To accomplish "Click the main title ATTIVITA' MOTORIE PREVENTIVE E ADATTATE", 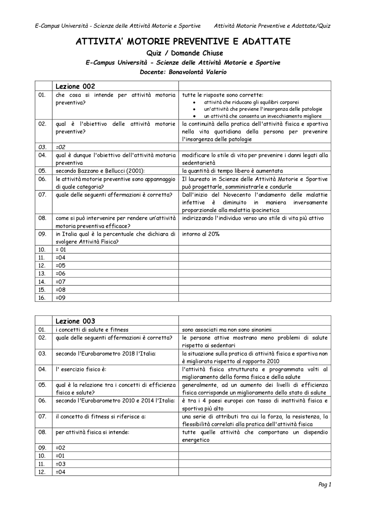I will (x=183, y=42).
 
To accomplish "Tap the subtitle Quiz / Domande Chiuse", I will (x=184, y=53).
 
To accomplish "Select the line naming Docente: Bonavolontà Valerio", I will (x=183, y=72).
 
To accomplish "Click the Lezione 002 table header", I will (x=75, y=86).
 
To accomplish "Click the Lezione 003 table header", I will (x=75, y=321).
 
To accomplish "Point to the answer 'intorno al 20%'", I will (x=201, y=234).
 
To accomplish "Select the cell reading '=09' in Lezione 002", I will (x=61, y=298).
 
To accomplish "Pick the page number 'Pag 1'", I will (x=325, y=484).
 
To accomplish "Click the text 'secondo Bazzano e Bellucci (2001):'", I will (x=100, y=171).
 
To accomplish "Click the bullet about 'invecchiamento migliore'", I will (x=262, y=116).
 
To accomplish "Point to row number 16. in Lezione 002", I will (x=42, y=298).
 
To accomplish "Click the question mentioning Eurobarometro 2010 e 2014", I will (x=115, y=400).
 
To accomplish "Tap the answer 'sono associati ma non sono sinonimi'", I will (x=227, y=330).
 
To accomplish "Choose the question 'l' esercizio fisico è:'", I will (x=81, y=369).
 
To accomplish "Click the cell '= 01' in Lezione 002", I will (x=61, y=250).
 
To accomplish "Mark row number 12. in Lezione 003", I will (x=42, y=472).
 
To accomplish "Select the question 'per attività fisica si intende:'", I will (x=92, y=432).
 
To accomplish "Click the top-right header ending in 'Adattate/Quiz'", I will (x=272, y=26).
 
